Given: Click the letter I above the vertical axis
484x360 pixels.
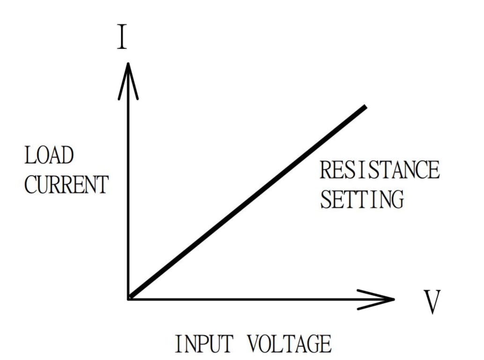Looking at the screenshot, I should (122, 38).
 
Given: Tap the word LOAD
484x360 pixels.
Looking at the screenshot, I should (49, 156).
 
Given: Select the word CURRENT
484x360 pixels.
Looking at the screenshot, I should (66, 184).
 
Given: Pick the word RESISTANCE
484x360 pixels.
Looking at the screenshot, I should (380, 170).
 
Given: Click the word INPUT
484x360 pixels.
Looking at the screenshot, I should (203, 344).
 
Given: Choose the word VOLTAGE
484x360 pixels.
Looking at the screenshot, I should (289, 344).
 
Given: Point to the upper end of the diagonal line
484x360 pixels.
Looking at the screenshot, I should (365, 107).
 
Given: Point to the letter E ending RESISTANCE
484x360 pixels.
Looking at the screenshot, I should (433, 170).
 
